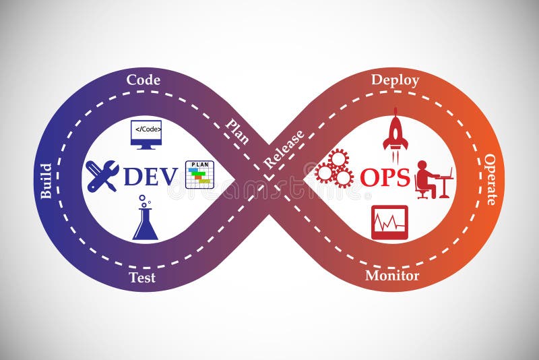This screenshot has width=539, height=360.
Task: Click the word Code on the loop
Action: click(x=144, y=80)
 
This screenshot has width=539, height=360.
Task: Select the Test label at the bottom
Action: click(x=142, y=277)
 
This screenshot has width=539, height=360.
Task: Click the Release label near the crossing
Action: click(x=284, y=149)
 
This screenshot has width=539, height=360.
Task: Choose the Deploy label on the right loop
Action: click(x=395, y=80)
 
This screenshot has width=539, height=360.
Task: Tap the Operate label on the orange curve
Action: click(x=490, y=179)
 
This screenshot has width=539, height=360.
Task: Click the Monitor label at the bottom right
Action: click(x=392, y=275)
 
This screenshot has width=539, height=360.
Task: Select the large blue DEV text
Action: click(x=150, y=177)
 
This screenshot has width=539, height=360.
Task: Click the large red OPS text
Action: click(x=385, y=177)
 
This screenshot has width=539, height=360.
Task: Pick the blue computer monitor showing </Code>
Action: click(x=146, y=134)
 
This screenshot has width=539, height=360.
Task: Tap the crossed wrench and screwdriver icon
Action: click(x=102, y=176)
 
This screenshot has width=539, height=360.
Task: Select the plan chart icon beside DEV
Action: click(x=199, y=175)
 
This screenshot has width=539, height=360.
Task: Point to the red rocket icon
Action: click(x=395, y=129)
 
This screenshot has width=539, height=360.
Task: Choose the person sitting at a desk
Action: click(x=432, y=179)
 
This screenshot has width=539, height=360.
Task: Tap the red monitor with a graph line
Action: click(x=389, y=222)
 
